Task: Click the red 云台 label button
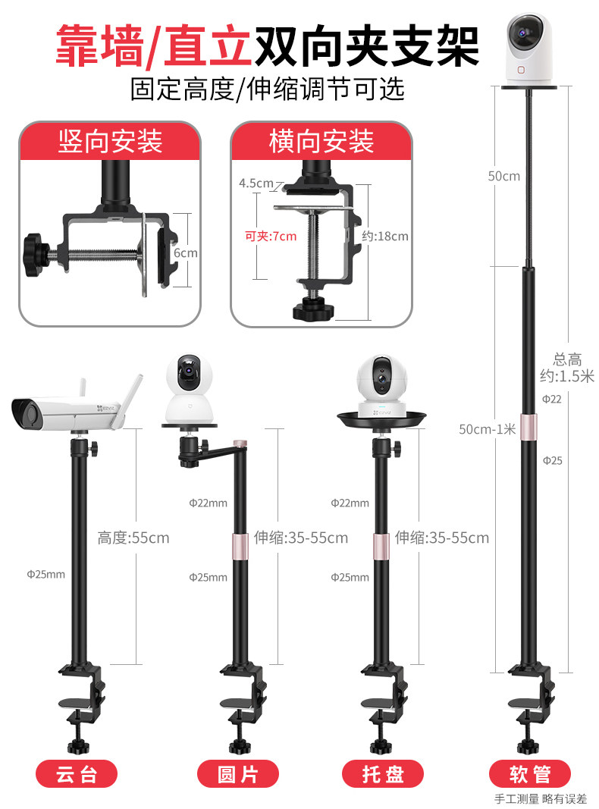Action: [77, 774]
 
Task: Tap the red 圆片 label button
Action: [237, 774]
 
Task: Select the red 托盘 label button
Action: [383, 774]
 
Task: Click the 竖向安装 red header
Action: [110, 141]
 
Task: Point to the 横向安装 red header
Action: [321, 141]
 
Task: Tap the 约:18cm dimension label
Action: [385, 236]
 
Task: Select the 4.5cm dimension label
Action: [256, 183]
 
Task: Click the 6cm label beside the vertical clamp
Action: [187, 252]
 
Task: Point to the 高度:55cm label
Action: [133, 538]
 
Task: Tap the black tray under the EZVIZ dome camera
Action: [383, 419]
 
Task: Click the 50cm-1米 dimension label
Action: [488, 429]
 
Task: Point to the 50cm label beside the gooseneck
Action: [503, 176]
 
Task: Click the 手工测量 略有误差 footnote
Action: [541, 798]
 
